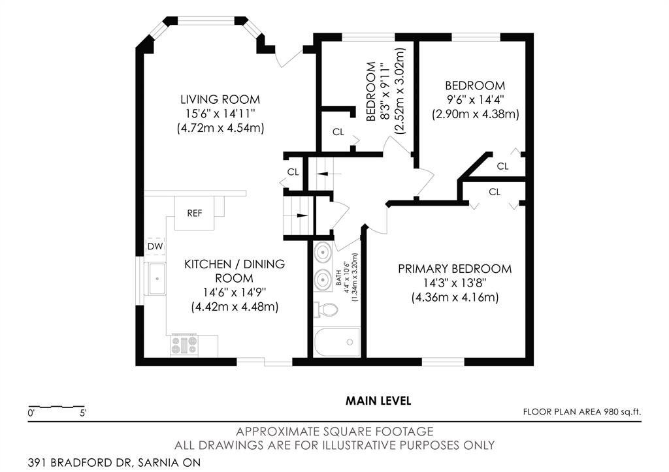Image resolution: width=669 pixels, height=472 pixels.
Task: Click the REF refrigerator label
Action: click(195, 213)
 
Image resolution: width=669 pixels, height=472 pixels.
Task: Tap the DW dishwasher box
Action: click(155, 246)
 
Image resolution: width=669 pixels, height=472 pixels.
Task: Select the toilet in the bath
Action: click(326, 309)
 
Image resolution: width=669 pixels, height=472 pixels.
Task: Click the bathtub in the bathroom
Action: click(337, 341)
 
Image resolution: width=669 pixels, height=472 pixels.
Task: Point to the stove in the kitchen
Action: click(184, 345)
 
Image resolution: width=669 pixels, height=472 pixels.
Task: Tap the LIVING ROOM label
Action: click(220, 100)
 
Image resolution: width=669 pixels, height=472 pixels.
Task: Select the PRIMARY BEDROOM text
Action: click(455, 269)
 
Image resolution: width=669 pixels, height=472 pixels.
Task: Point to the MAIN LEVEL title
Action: click(378, 401)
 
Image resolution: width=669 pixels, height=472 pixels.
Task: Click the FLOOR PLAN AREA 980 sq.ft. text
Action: click(582, 412)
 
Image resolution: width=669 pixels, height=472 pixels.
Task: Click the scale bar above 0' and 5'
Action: click(56, 406)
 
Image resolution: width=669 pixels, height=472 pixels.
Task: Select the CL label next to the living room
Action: click(293, 172)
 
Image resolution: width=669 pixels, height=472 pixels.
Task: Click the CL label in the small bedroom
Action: click(338, 132)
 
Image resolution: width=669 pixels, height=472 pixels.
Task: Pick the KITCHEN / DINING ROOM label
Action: click(235, 271)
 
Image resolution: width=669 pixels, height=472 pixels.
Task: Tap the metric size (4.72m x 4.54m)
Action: click(221, 129)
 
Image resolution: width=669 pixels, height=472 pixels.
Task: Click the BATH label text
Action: click(338, 277)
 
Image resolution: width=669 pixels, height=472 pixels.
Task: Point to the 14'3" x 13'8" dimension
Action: click(455, 283)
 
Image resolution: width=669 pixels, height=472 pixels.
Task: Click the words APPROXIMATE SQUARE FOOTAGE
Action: click(335, 432)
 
